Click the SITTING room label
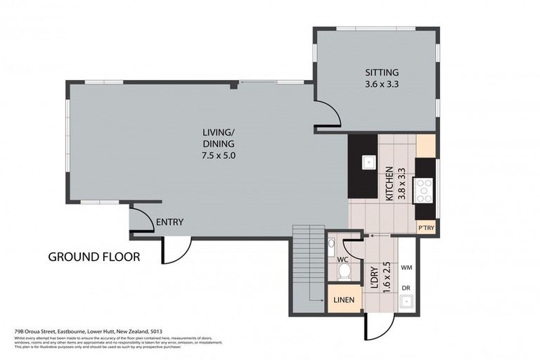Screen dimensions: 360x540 382,72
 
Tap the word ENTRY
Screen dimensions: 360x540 169,222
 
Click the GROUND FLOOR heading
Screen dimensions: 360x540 94,257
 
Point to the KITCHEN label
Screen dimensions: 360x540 389,184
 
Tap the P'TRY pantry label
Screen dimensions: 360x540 425,229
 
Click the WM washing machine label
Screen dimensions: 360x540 406,268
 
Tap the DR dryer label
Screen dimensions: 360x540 406,288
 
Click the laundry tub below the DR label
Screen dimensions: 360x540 406,303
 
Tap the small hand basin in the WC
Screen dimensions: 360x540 332,243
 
